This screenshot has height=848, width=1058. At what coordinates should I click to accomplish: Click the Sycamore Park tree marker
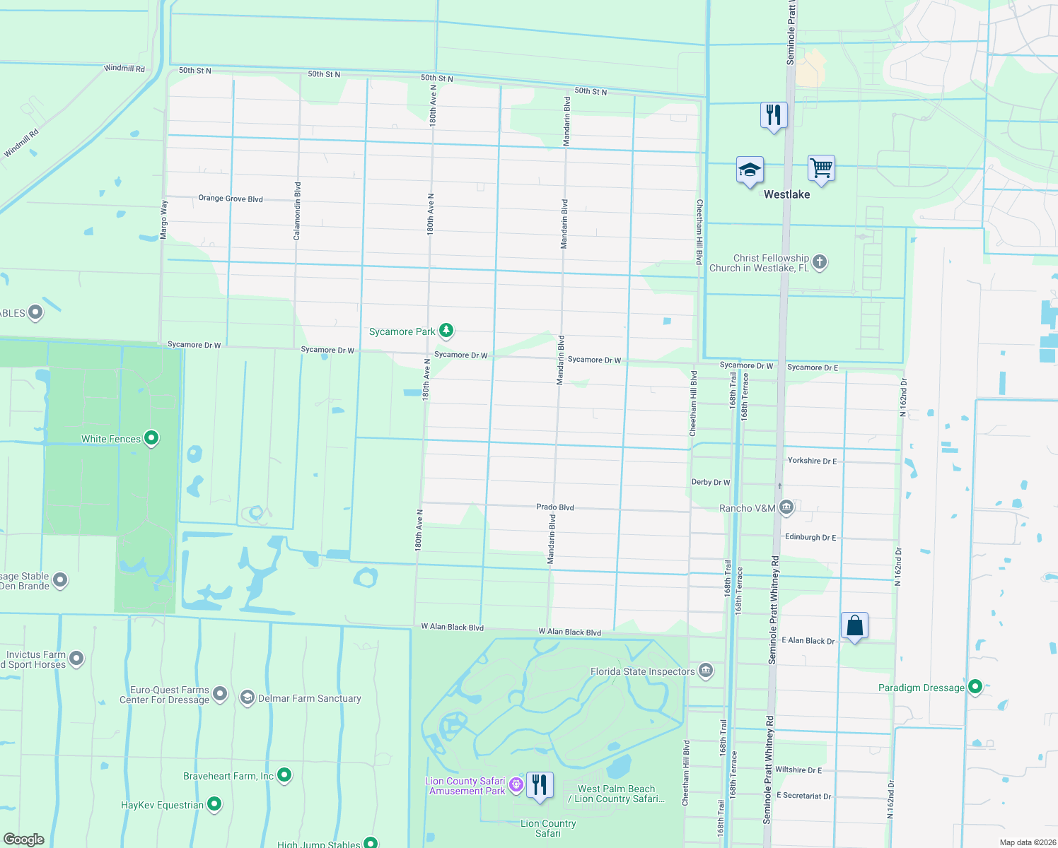click(x=446, y=330)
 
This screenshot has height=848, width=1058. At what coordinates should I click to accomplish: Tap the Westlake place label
click(x=786, y=194)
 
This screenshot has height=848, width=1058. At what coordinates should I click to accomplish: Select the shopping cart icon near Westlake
click(x=821, y=169)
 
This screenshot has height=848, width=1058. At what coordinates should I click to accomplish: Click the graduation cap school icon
click(x=750, y=170)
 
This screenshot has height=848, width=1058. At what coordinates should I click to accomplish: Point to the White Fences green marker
click(x=151, y=438)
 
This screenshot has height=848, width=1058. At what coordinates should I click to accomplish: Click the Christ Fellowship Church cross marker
click(x=820, y=262)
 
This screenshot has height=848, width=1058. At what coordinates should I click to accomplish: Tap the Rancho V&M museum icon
click(x=786, y=507)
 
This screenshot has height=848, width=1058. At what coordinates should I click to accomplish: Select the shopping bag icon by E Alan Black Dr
click(x=854, y=626)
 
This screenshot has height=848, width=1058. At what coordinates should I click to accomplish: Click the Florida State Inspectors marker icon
click(x=705, y=671)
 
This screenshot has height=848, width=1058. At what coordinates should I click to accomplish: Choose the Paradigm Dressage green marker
click(x=975, y=687)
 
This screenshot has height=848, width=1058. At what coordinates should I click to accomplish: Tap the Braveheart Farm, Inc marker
click(x=284, y=775)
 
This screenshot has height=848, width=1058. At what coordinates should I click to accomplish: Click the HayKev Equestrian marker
click(x=214, y=804)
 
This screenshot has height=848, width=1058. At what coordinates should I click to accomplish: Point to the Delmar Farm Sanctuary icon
click(x=247, y=697)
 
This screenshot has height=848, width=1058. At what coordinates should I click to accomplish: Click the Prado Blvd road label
click(x=555, y=507)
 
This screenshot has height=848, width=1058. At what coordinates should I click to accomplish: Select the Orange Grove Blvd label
click(x=231, y=199)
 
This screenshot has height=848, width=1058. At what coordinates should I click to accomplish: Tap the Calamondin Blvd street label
click(x=298, y=211)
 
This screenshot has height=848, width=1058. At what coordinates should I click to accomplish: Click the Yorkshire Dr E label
click(x=812, y=461)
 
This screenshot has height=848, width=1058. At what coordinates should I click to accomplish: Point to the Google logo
click(x=24, y=840)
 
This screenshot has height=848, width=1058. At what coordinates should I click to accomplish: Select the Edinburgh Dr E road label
click(x=810, y=537)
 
